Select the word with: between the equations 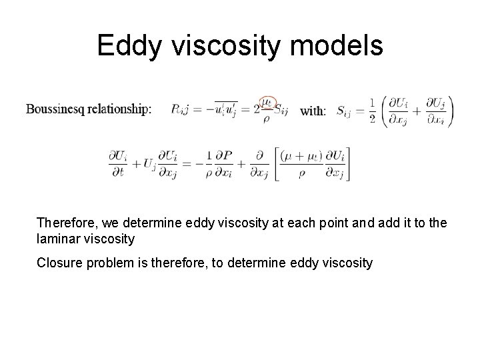(x=313, y=111)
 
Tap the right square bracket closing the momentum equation (x=347, y=164)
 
